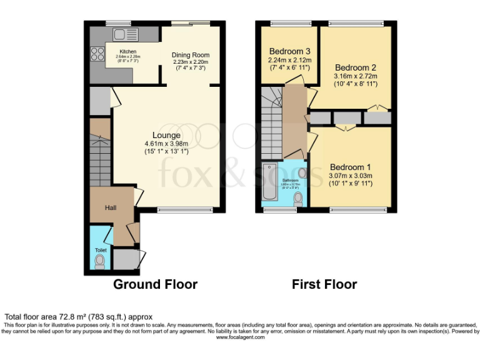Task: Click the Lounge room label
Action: [166, 135]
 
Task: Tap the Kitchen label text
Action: [128, 52]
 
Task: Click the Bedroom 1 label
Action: [351, 167]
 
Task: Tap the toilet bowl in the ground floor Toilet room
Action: [99, 261]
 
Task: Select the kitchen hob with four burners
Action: [97, 54]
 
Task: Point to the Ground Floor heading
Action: [155, 284]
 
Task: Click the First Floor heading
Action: [324, 284]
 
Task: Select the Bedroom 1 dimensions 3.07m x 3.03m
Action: [351, 176]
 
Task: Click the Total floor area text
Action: [78, 317]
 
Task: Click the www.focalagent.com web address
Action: [240, 337]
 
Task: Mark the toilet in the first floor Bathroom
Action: [298, 199]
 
